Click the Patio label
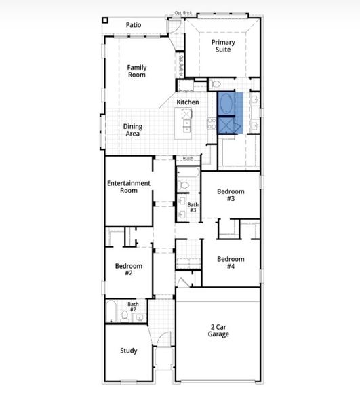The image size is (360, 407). point(134,25)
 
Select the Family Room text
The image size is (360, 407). point(137,71)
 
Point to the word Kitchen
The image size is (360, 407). point(188,102)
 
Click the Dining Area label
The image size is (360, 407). point(133,130)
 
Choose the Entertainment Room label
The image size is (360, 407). point(128,187)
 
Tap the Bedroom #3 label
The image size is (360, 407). point(230,195)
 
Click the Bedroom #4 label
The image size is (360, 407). point(230,263)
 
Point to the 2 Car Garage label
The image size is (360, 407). point(218,330)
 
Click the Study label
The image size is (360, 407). point(129,351)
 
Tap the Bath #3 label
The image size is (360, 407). point(193,208)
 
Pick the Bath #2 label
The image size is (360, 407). point(133,307)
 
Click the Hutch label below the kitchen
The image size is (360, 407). point(188,159)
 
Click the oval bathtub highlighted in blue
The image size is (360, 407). point(226,104)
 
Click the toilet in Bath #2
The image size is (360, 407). point(125,316)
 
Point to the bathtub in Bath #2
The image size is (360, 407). point(111,313)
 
